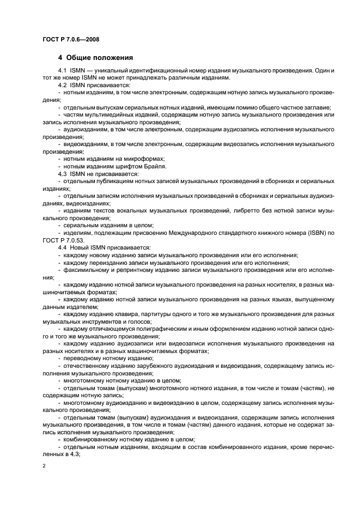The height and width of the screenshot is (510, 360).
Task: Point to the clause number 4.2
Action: point(62,86)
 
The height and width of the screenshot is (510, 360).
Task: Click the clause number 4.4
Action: point(62,247)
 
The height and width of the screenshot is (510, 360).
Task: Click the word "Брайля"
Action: point(154,166)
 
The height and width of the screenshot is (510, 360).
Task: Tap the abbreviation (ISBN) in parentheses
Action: point(315,233)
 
